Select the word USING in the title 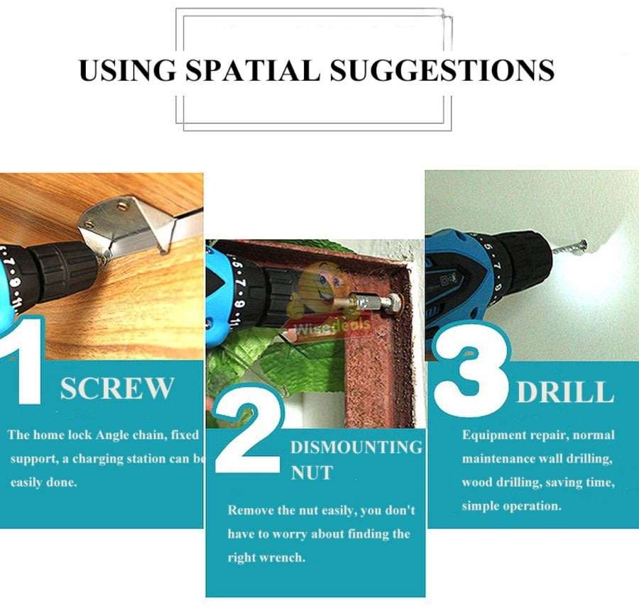[x=126, y=70]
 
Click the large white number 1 [x=21, y=362]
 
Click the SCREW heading [x=117, y=389]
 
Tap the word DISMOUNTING [x=356, y=448]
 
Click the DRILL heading [x=564, y=392]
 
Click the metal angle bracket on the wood [x=128, y=223]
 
